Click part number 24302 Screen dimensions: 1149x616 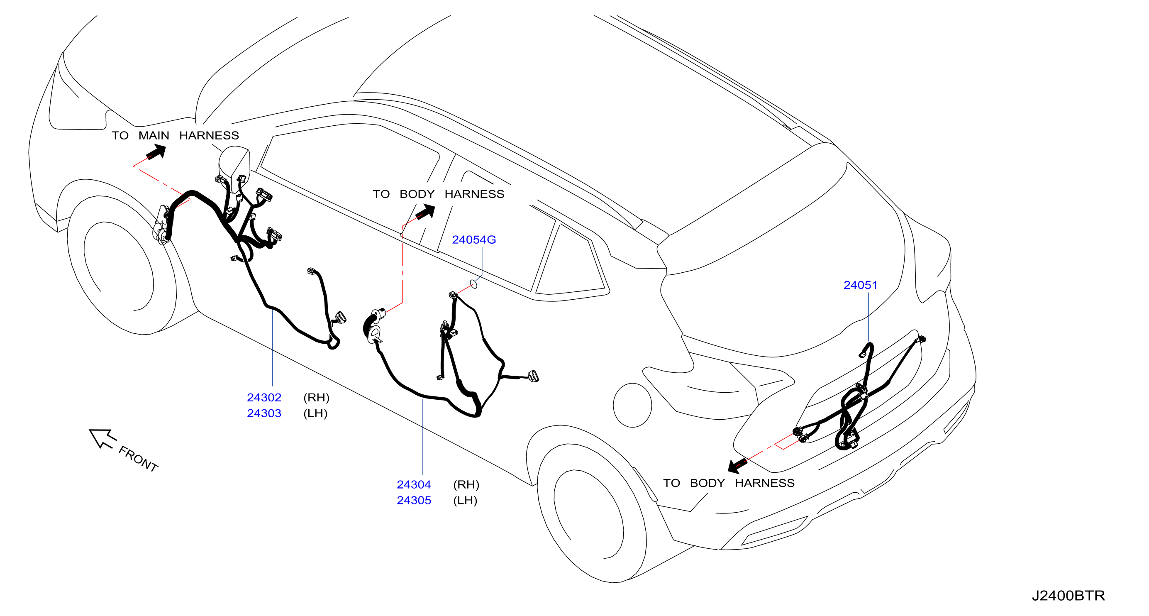click(264, 397)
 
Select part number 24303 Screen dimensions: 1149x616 click(264, 413)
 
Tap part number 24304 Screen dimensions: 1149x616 click(414, 484)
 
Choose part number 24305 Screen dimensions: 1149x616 click(414, 501)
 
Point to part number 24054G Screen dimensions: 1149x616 click(474, 240)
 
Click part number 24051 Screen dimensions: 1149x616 click(861, 285)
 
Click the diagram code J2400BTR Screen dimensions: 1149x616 click(1068, 596)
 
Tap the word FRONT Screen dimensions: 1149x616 click(138, 459)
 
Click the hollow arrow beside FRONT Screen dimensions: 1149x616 click(102, 438)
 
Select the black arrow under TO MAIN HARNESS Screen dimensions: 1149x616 click(156, 153)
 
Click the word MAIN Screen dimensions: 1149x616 click(154, 136)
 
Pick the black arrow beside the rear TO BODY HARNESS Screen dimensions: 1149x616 click(738, 465)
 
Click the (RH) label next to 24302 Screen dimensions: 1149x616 click(316, 397)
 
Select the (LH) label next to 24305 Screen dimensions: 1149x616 click(465, 501)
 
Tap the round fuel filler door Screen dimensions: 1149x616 click(632, 405)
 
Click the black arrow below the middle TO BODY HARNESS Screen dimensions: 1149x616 click(425, 211)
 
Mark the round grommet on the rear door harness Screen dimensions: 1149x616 click(374, 333)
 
